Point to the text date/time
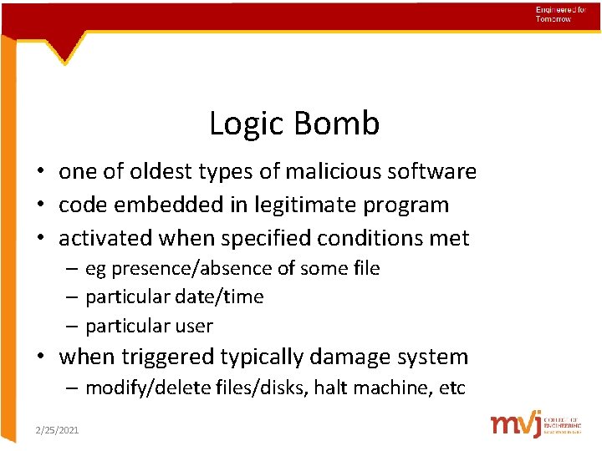[224, 296]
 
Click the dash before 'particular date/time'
[74, 297]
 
